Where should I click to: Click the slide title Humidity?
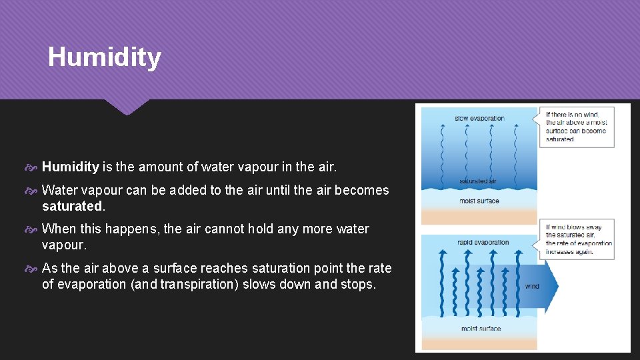(x=104, y=57)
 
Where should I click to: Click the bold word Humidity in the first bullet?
(x=70, y=167)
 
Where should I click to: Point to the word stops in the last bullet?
(x=358, y=284)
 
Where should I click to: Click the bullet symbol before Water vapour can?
(x=34, y=191)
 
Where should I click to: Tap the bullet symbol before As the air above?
(x=34, y=269)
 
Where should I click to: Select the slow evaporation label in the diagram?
(x=479, y=119)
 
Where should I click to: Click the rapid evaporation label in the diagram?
(x=483, y=243)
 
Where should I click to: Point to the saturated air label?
(x=478, y=181)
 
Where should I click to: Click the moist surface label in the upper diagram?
(x=479, y=201)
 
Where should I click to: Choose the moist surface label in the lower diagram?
(x=480, y=329)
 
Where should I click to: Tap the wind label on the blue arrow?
(x=532, y=287)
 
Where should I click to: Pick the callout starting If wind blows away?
(x=577, y=239)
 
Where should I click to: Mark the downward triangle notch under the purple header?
(x=127, y=107)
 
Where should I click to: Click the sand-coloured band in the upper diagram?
(x=479, y=217)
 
